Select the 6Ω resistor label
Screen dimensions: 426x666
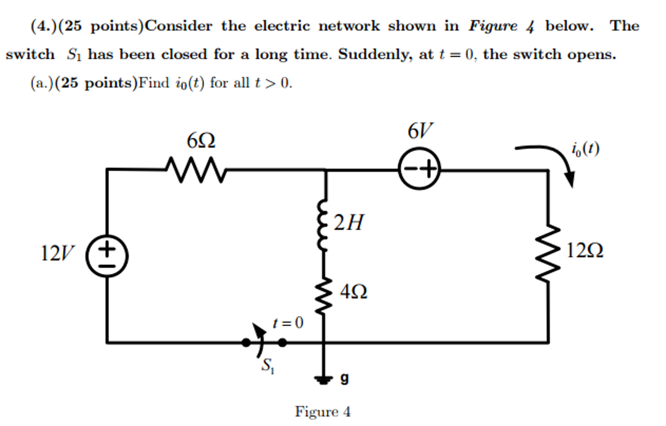click(201, 141)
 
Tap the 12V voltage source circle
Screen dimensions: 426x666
click(107, 256)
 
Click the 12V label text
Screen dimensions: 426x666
click(57, 253)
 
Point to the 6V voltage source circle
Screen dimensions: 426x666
click(419, 168)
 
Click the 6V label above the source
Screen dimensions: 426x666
click(420, 131)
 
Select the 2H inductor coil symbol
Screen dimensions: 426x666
click(322, 225)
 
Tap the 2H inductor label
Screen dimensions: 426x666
click(348, 223)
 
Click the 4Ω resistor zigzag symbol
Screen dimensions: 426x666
click(323, 296)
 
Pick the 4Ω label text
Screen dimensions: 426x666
click(354, 291)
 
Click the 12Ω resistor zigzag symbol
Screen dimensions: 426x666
click(548, 253)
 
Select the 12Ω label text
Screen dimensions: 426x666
click(585, 251)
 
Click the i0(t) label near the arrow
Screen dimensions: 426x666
click(585, 149)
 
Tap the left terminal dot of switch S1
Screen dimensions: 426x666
click(246, 342)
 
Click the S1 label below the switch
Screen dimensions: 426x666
click(268, 366)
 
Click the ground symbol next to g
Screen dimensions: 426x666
click(323, 379)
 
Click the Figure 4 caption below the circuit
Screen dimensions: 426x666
click(323, 412)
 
